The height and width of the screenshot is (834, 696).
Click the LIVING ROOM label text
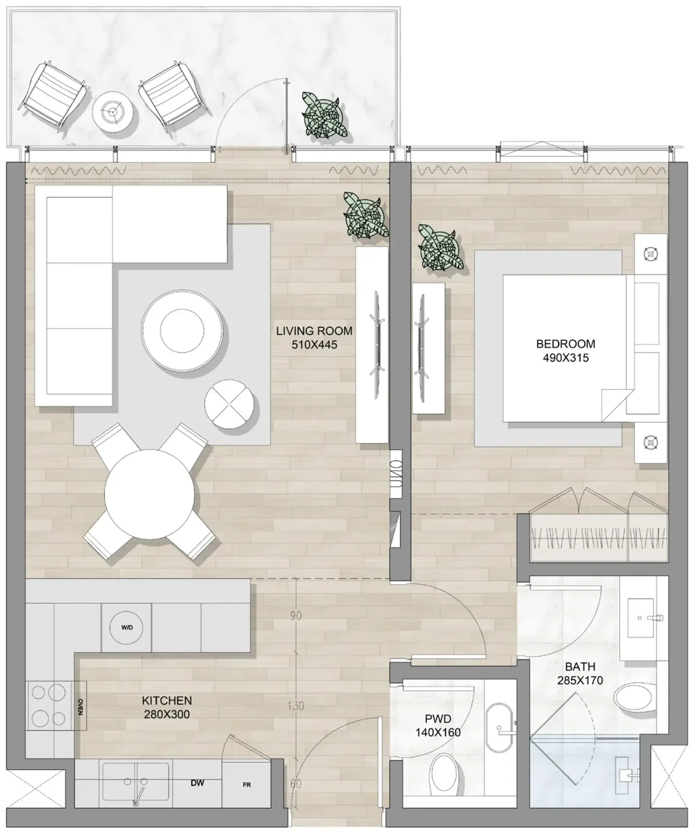click(314, 331)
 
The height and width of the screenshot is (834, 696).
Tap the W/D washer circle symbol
click(127, 628)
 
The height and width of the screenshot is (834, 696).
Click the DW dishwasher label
click(197, 783)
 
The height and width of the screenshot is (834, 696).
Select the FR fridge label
click(246, 785)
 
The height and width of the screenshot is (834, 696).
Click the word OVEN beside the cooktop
click(80, 706)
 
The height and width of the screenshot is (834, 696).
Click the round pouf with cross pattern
click(229, 403)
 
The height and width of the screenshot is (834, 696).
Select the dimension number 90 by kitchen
click(296, 616)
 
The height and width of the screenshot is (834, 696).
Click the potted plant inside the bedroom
click(439, 247)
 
